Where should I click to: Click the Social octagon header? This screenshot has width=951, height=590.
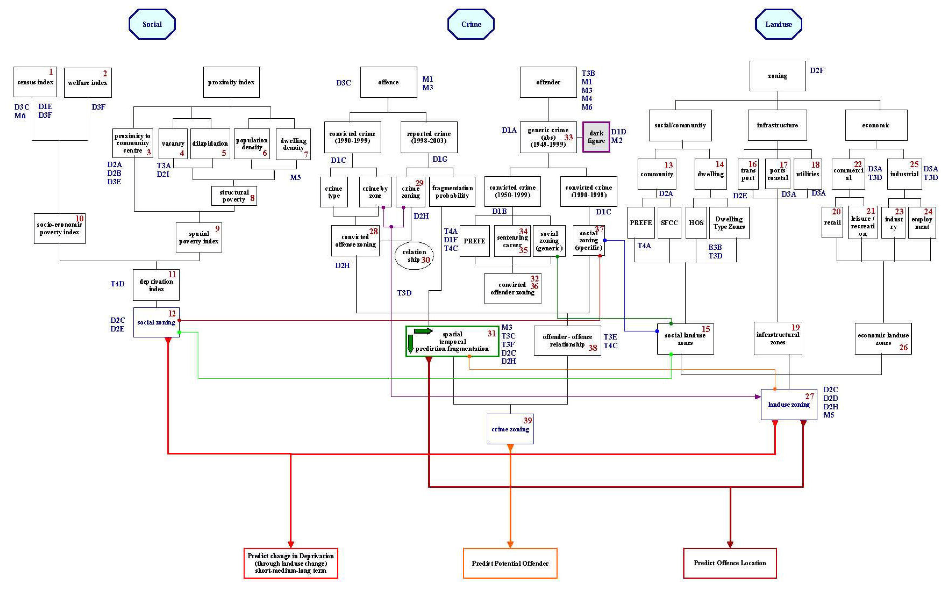tap(152, 24)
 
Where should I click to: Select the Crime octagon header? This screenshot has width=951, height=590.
tap(471, 24)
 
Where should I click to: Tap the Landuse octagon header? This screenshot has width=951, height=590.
tap(778, 24)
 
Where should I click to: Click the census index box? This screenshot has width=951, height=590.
tap(35, 82)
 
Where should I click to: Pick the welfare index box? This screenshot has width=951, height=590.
tap(87, 83)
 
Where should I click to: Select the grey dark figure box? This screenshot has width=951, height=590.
tap(596, 137)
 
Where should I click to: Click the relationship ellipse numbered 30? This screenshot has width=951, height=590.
tap(414, 256)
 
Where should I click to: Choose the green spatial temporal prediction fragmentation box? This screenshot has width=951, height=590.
tap(452, 341)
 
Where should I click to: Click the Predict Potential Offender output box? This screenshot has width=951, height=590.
tap(510, 563)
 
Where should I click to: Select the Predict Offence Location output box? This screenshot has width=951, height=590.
tap(730, 563)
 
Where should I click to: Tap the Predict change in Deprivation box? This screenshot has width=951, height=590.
tap(291, 563)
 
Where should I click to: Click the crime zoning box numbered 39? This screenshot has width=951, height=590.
tap(510, 429)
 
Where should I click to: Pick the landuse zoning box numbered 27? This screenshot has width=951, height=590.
tap(788, 404)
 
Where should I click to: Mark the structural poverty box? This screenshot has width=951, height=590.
tap(234, 195)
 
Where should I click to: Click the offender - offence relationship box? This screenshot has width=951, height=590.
tap(567, 340)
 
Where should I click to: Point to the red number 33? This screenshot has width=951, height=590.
tap(568, 137)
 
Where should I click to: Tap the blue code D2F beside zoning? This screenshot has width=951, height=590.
tap(817, 70)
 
